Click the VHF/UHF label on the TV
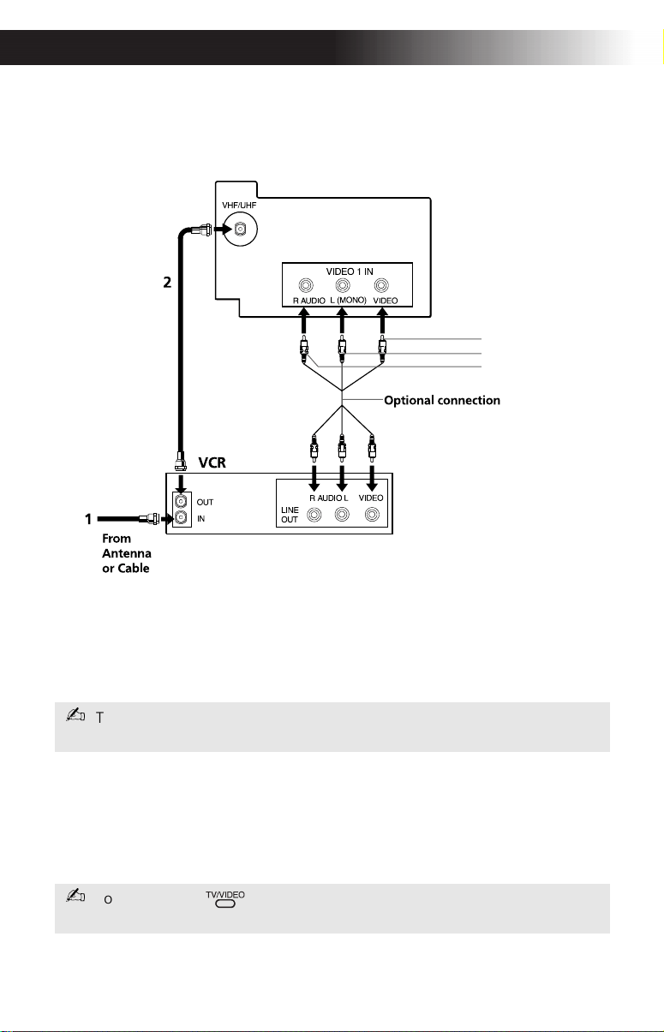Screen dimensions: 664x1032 (239, 205)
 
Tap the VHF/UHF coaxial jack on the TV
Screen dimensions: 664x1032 (240, 229)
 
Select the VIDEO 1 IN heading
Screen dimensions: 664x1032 (350, 271)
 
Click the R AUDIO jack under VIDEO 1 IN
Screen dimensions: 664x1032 (306, 286)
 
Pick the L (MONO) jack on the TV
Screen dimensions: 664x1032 (343, 286)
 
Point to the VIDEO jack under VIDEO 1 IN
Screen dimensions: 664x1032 (381, 286)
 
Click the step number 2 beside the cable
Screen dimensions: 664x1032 (167, 282)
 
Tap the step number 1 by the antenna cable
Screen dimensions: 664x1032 (88, 519)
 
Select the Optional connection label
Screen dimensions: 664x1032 (442, 400)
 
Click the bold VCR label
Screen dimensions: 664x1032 (212, 462)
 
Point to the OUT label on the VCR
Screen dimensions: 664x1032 (205, 502)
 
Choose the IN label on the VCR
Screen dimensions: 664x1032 (200, 519)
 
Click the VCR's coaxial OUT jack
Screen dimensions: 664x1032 (182, 501)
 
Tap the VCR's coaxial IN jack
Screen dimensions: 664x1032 (182, 518)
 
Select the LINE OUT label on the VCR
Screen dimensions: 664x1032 (290, 515)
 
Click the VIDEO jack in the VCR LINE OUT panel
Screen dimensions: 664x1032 (372, 514)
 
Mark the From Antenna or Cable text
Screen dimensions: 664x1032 (127, 553)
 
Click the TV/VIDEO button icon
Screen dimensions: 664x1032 (225, 904)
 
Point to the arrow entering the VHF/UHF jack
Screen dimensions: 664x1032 (223, 229)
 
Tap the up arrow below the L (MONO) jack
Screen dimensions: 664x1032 (342, 320)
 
